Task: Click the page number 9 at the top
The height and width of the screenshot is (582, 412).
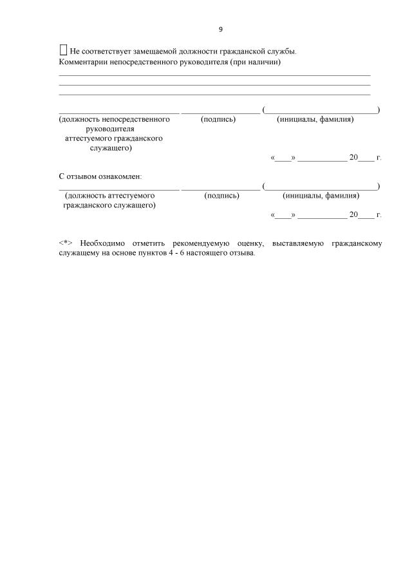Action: click(x=220, y=30)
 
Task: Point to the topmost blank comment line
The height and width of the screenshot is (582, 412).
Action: click(x=214, y=75)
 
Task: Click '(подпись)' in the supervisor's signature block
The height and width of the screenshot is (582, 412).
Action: click(x=218, y=119)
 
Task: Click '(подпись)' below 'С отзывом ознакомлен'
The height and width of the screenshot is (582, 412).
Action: click(x=221, y=195)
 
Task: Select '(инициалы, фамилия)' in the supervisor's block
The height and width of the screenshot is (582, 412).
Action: click(x=315, y=119)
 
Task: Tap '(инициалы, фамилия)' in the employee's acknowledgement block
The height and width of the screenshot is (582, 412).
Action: click(x=321, y=195)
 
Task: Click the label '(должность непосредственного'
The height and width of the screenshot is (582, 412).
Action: click(x=114, y=119)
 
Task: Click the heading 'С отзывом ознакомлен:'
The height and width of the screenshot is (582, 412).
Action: click(x=100, y=176)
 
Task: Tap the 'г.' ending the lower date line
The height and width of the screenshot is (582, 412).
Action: click(x=379, y=215)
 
